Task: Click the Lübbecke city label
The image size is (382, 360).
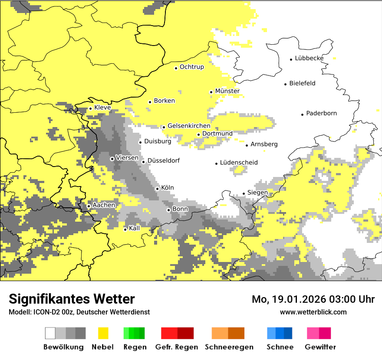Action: click(x=309, y=58)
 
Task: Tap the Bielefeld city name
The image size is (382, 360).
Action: click(x=302, y=83)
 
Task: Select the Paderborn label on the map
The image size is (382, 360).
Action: click(x=321, y=114)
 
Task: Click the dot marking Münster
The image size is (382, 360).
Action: click(x=211, y=92)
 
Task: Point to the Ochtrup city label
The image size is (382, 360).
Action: click(x=191, y=67)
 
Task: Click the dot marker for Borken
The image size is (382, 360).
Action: click(x=150, y=102)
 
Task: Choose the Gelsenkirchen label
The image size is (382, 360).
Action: click(x=189, y=126)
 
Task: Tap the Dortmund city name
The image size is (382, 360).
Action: click(x=217, y=134)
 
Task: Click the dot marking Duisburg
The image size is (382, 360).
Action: click(x=140, y=142)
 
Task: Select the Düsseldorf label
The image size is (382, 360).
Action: click(x=163, y=161)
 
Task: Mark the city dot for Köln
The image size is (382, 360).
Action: click(x=158, y=189)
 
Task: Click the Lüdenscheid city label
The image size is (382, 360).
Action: click(x=239, y=163)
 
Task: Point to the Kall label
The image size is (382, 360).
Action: click(x=134, y=228)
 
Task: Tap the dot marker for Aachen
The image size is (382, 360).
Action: click(x=89, y=206)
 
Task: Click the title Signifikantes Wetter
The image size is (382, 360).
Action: click(x=72, y=299)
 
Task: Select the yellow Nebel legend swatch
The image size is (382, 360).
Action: click(x=103, y=333)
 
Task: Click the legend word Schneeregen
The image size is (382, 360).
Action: click(x=223, y=347)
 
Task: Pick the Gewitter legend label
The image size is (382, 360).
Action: click(x=320, y=347)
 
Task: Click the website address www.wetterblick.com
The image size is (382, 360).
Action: click(x=313, y=312)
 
